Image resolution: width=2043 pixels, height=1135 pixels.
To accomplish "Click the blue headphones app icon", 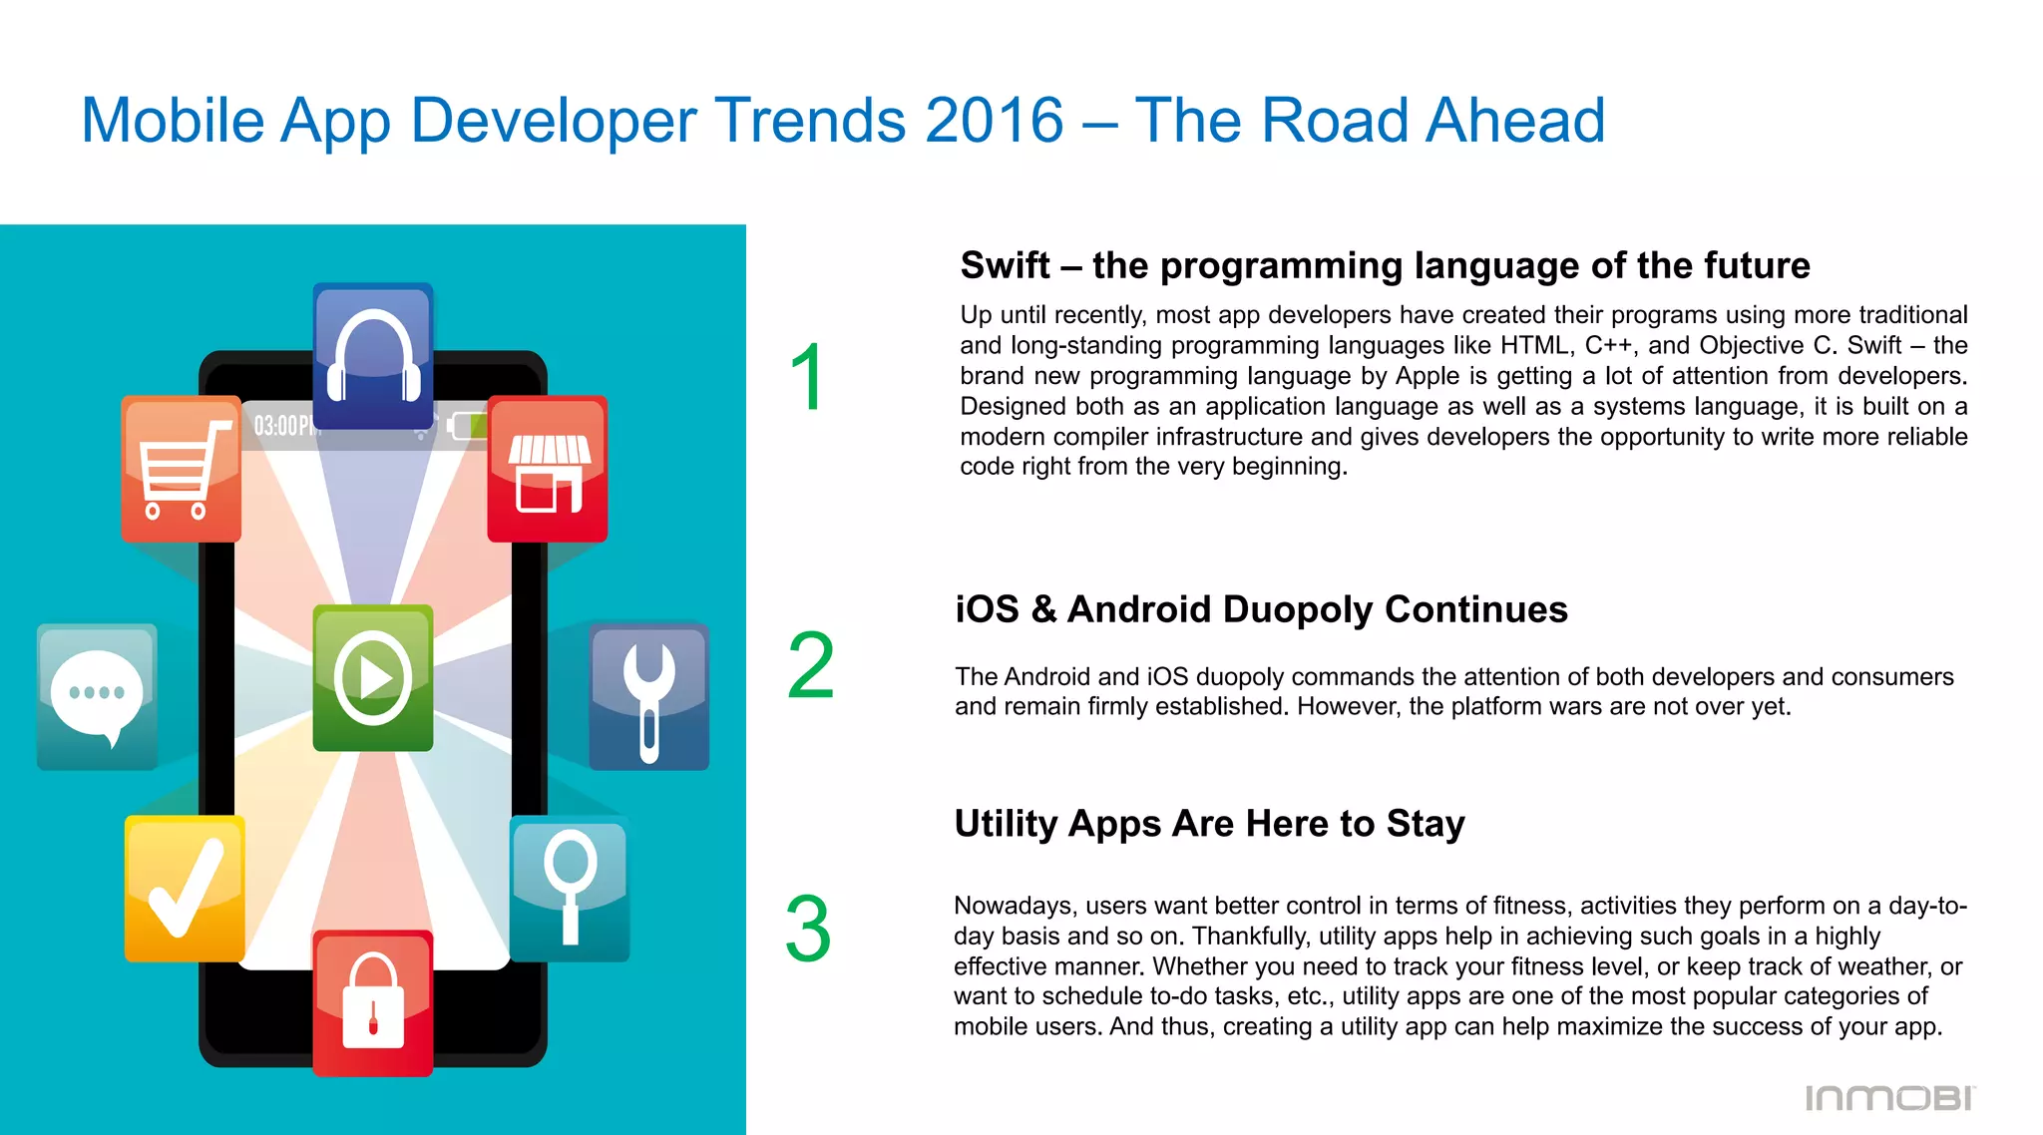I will [373, 356].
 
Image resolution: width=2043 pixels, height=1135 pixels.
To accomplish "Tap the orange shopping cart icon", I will [181, 469].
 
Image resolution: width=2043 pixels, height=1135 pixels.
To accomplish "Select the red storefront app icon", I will [548, 469].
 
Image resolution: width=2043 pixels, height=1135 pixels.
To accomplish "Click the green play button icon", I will [373, 677].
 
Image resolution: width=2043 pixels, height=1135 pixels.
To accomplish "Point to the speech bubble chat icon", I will [97, 696].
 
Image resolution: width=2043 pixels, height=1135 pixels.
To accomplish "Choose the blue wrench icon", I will [648, 696].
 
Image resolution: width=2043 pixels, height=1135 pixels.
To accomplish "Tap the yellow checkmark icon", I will [185, 888].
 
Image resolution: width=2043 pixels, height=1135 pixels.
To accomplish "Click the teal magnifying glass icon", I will [570, 888].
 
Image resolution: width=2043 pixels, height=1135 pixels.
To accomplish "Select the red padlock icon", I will [373, 1002].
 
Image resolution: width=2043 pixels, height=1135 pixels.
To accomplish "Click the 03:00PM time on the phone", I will [283, 427].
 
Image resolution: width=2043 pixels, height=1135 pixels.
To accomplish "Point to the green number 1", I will [807, 377].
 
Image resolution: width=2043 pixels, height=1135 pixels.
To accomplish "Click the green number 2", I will [810, 666].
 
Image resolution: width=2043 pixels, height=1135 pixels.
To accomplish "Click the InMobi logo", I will [1889, 1098].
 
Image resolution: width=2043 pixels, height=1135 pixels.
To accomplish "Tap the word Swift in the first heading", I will [1005, 266].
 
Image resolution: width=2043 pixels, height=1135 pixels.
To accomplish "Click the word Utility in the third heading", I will [1008, 824].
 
